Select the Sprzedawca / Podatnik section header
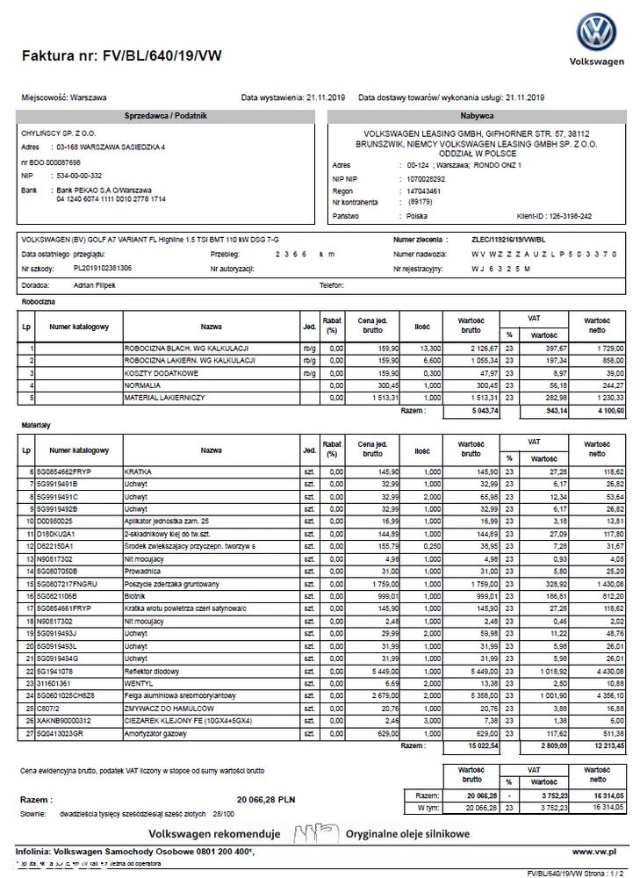coord(167,116)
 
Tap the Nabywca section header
coord(477,116)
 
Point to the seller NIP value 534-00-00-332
coord(79,176)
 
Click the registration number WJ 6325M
coord(501,269)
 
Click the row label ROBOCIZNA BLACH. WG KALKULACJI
coord(190,349)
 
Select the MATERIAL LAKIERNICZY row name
coord(165,398)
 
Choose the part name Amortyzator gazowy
coord(155,732)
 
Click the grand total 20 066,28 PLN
coord(265,800)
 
